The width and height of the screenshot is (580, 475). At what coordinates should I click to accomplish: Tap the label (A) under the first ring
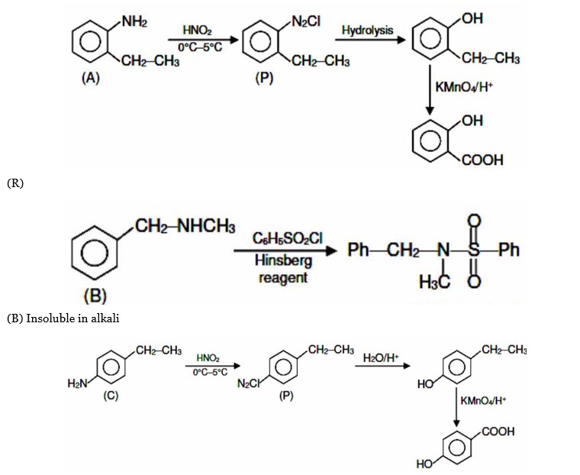pos(90,77)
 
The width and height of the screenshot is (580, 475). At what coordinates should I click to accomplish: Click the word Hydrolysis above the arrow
pos(367,31)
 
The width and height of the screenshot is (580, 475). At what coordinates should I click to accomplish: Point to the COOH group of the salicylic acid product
pos(482,160)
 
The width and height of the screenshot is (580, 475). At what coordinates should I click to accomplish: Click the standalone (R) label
pos(15,183)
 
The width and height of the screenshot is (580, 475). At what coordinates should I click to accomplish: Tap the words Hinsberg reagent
pos(282,270)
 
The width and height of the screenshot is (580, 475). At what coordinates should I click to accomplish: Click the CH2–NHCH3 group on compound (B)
pos(184,227)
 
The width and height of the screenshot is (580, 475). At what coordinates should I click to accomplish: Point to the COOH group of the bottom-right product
pos(498,431)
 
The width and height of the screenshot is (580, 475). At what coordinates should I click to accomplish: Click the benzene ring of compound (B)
pos(94,252)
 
